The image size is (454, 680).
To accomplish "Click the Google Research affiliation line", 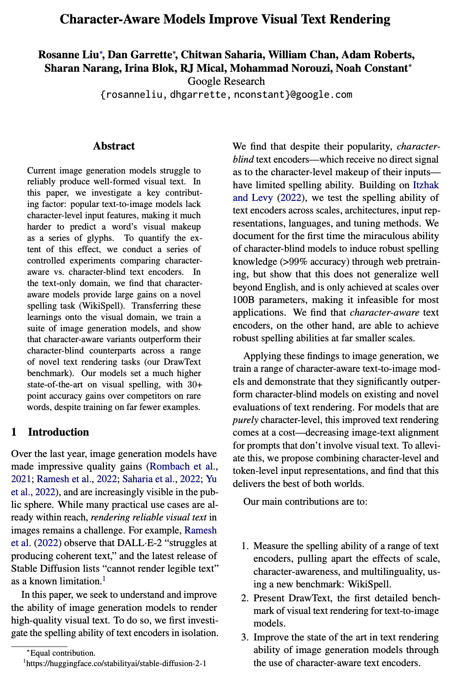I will tap(226, 81).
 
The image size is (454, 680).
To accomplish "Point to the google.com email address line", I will tap(226, 94).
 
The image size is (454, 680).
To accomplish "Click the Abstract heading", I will tap(114, 146).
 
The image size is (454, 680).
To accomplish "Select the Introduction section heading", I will tap(58, 432).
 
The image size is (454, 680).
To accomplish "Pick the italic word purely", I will tap(246, 420).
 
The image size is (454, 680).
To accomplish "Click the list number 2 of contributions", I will tap(245, 598).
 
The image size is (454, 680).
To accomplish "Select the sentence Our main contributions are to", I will tap(305, 502).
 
